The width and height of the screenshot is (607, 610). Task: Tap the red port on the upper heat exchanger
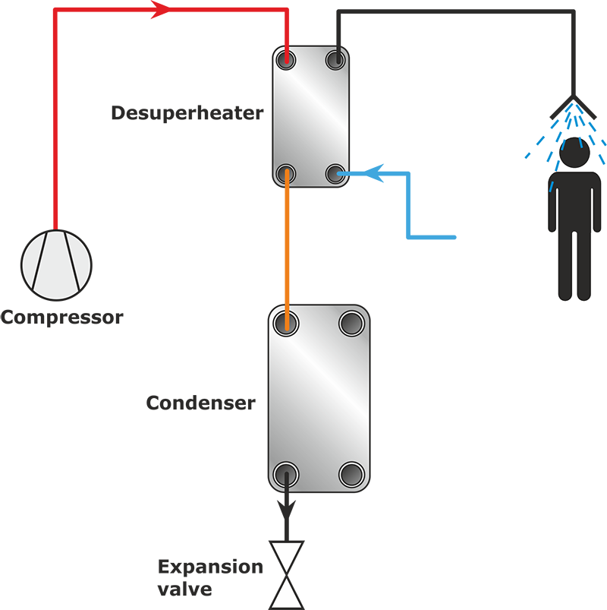coord(287,59)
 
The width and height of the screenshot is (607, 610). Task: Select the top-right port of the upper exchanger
coord(335,59)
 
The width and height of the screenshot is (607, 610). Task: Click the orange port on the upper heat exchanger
coord(287,172)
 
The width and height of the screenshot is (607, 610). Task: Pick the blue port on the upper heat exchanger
coord(335,174)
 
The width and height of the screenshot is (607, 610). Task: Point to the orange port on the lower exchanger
coord(287,323)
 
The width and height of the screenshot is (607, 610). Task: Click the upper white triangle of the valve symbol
coord(287,557)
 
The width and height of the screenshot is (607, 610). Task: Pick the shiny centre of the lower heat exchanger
coord(319,399)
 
